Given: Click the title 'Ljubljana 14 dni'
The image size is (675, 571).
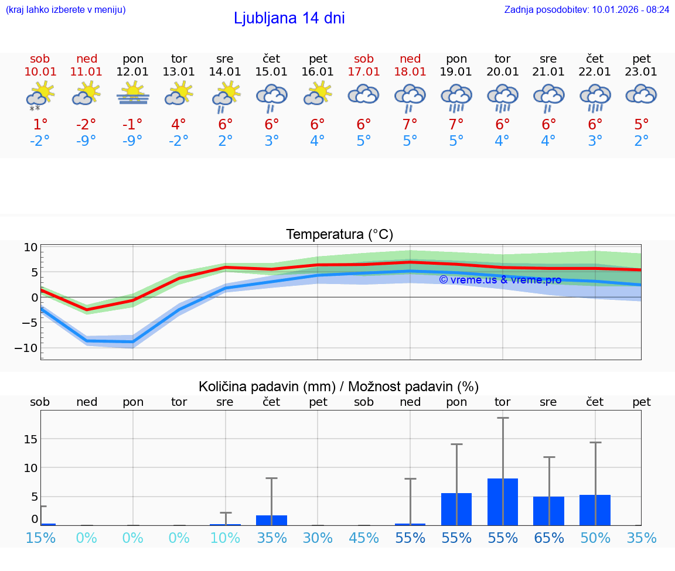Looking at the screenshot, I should (x=289, y=18).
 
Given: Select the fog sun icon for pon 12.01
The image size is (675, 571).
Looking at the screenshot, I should (x=132, y=94).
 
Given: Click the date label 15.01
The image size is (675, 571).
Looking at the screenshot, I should (x=271, y=71).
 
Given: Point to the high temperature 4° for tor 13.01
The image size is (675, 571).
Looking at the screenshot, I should (x=179, y=124).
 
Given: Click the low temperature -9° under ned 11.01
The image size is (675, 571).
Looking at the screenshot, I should (x=86, y=141).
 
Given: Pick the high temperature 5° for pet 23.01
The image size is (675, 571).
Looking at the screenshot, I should (x=642, y=124).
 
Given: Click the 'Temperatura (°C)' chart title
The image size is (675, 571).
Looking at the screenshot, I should (x=339, y=234).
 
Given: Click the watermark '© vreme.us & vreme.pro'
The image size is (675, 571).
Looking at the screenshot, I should (x=500, y=280).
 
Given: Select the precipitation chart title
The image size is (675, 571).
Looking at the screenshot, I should (x=339, y=387).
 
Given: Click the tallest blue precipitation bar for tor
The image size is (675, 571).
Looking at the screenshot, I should (x=503, y=502).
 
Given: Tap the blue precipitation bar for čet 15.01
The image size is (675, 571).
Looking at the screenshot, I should (x=271, y=520).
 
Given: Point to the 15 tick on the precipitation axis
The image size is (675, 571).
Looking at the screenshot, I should (x=30, y=439).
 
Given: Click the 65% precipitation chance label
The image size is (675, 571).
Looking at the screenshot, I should (x=549, y=538).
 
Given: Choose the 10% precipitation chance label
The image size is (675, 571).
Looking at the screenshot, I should (x=225, y=538).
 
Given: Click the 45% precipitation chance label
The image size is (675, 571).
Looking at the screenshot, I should (x=364, y=538).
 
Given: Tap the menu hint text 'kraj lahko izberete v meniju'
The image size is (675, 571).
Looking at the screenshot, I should (x=66, y=9).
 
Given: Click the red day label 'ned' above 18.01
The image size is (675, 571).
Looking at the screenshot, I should (x=410, y=59).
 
